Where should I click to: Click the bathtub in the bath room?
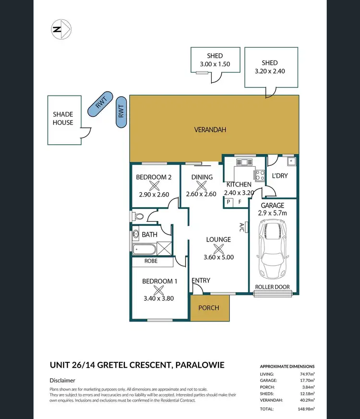[x=144, y=249]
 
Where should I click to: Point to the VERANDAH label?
[x=210, y=130]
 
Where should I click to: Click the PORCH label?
[x=209, y=308]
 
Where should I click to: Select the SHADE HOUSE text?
[x=63, y=118]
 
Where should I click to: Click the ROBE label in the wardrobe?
[x=152, y=262]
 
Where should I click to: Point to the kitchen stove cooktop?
[x=260, y=176]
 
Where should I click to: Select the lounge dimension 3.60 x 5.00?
[x=218, y=257]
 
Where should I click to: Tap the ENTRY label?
[x=201, y=281]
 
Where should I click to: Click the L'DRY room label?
[x=279, y=176]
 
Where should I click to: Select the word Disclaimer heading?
[x=62, y=380]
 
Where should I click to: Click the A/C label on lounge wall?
[x=242, y=226]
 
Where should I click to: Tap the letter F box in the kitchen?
[x=240, y=202]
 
